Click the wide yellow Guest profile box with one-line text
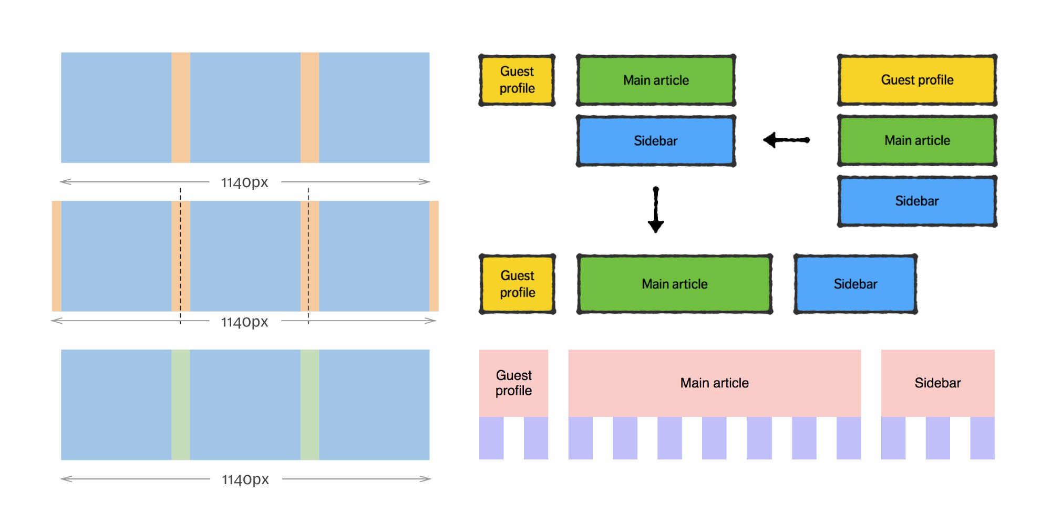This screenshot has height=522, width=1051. (x=917, y=80)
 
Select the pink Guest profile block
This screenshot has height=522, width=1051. (x=513, y=383)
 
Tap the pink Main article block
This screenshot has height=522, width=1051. (x=715, y=383)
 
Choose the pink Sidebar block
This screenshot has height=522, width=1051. (x=937, y=383)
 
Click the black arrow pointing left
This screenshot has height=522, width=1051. (x=786, y=140)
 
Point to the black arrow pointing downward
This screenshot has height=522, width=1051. (x=656, y=209)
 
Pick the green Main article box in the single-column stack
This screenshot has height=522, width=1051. (x=917, y=140)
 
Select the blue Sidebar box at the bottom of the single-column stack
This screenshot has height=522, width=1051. (x=917, y=201)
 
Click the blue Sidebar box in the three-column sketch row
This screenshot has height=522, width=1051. (x=856, y=284)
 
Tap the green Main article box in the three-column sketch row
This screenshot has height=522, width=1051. (x=675, y=284)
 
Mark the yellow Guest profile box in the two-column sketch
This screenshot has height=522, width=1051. (x=517, y=80)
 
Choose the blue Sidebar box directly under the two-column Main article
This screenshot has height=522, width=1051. (x=656, y=141)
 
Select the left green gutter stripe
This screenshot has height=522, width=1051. (x=181, y=405)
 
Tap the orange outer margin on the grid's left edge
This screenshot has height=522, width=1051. (x=57, y=256)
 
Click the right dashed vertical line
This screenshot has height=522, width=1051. (x=308, y=256)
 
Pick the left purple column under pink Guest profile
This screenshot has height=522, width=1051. (x=491, y=438)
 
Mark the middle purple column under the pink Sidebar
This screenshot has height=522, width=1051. (x=937, y=438)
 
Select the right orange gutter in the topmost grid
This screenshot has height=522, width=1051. (x=310, y=107)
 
